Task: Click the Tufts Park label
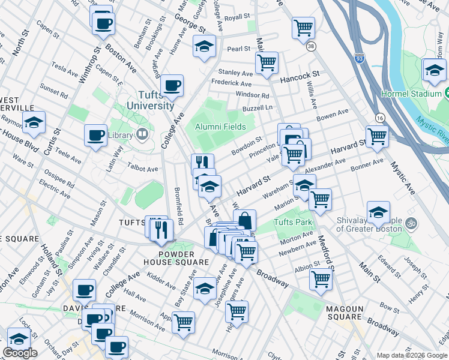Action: [x=293, y=222]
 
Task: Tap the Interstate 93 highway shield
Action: [x=366, y=60]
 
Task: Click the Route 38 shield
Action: [x=310, y=46]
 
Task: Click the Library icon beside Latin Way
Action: [x=142, y=134]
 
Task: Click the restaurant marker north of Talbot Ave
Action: [x=202, y=163]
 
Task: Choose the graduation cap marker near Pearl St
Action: [x=204, y=46]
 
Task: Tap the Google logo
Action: [x=20, y=353]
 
